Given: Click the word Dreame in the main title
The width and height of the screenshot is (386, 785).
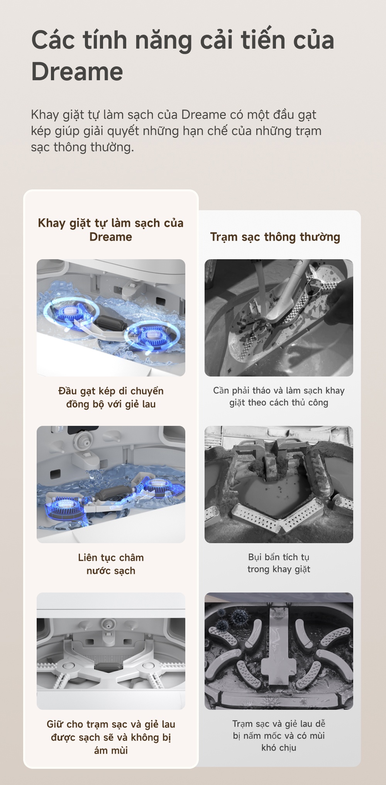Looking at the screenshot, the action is click(77, 72).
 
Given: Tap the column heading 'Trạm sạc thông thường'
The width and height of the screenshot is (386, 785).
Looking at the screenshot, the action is click(275, 237).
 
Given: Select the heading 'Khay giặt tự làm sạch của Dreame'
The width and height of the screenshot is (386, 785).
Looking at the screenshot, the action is click(111, 230).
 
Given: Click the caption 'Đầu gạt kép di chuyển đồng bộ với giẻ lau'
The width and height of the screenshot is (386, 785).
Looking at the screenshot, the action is click(111, 397).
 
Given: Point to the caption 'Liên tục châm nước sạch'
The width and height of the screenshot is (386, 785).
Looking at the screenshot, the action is click(111, 564).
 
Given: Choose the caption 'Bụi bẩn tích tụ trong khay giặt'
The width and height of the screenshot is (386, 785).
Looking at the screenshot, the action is click(279, 563).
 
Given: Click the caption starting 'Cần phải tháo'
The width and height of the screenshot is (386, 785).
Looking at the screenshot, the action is click(279, 397).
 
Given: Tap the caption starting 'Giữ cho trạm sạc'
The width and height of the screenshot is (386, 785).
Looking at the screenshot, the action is click(111, 737).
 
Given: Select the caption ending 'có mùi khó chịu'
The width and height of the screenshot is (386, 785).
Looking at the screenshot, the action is click(279, 736).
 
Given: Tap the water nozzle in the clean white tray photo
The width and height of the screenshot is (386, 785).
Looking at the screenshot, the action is click(107, 627).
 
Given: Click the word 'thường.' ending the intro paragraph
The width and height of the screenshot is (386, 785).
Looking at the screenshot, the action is click(112, 147).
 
